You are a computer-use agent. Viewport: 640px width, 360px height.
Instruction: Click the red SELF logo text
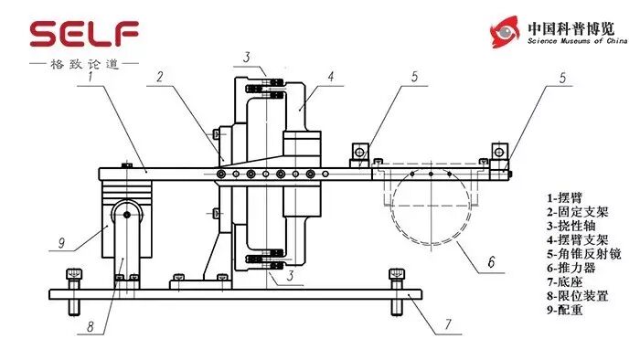[84, 34]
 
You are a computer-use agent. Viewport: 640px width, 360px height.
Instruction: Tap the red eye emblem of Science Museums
[506, 32]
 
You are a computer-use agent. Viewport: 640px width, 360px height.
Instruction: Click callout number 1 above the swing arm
[91, 76]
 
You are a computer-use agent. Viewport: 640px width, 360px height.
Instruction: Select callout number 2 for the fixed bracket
[160, 76]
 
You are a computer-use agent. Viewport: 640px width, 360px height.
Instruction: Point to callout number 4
[331, 76]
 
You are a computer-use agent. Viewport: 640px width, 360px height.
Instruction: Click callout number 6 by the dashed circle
[492, 261]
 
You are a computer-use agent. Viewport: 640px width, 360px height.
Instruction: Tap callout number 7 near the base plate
[448, 324]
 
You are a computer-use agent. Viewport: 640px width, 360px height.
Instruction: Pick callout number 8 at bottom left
[91, 326]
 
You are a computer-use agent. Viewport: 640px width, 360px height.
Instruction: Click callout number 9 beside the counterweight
[61, 243]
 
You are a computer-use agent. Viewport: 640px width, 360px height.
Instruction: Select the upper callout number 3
[247, 57]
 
